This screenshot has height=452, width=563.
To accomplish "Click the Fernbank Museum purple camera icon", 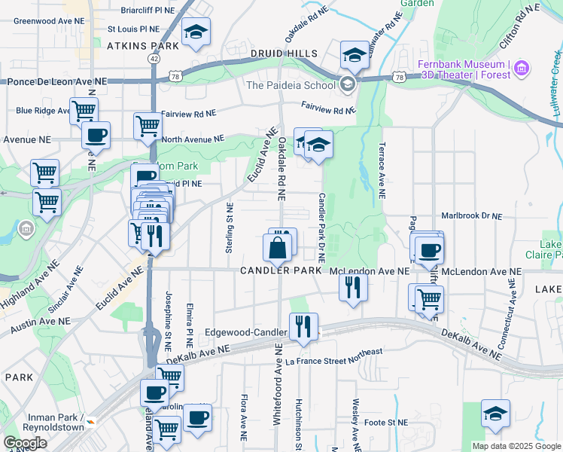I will [x=521, y=70].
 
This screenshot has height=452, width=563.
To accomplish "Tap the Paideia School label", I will [x=291, y=85].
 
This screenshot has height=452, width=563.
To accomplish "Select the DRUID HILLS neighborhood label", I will [x=285, y=53].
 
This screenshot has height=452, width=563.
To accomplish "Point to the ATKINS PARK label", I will [x=144, y=45].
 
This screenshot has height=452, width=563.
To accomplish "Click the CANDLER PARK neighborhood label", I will [x=280, y=270].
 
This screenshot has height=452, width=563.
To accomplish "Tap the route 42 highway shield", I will [x=154, y=58].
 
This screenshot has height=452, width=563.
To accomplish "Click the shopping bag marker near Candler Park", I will [x=278, y=247].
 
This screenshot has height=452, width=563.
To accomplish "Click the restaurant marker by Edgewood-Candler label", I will [x=303, y=326].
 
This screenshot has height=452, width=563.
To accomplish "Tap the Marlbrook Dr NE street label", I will [x=472, y=216].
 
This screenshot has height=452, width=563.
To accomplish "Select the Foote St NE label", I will [x=385, y=423].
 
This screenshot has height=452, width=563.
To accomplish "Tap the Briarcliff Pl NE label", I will [x=148, y=11].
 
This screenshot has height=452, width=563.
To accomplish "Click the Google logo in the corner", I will [x=25, y=443].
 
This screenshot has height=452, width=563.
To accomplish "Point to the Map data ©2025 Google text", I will [x=516, y=446].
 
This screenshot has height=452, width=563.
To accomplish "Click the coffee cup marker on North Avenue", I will [x=96, y=136].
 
